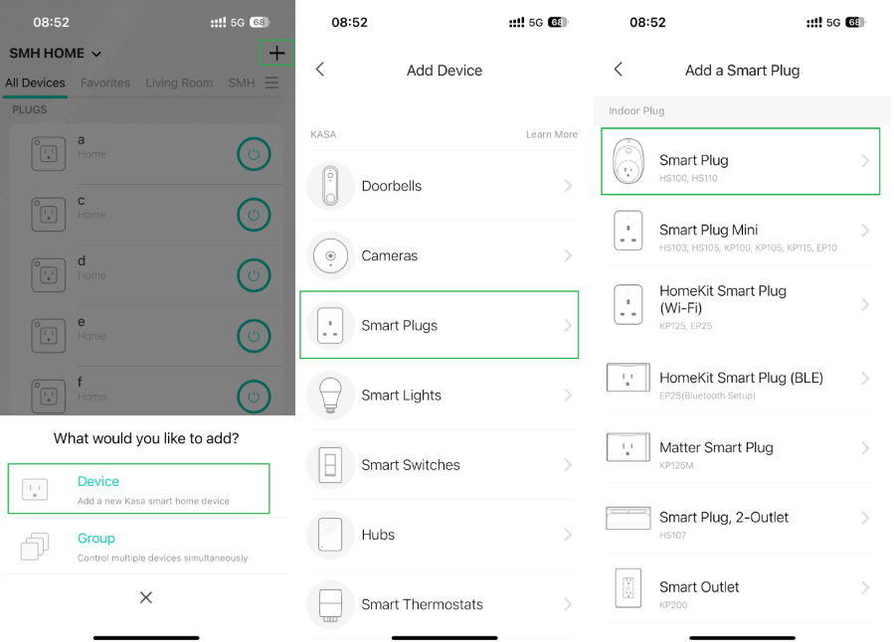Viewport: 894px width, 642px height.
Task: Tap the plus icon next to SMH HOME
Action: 276,54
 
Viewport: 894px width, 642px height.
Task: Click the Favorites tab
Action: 105,83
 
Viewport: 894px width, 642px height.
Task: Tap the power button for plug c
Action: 254,215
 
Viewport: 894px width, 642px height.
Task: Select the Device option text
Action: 98,481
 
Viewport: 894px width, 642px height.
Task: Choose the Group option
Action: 96,539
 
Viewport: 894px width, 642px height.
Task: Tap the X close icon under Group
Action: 146,597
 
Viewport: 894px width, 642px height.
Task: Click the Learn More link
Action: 552,134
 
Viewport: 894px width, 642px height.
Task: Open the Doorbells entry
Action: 392,186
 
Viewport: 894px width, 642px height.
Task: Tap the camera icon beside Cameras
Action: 330,256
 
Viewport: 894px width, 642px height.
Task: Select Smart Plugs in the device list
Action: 400,325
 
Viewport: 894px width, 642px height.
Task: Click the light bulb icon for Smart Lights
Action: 330,396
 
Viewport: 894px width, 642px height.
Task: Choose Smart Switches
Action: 411,465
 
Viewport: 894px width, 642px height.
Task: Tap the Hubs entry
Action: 379,535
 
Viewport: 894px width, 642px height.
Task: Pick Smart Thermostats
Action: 422,604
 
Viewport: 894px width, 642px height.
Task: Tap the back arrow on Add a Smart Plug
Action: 619,70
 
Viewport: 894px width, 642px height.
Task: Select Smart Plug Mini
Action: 708,231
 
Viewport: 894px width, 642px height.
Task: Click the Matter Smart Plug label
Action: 716,448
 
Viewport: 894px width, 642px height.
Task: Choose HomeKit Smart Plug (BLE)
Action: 741,378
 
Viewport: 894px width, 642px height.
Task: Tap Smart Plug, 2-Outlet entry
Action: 724,518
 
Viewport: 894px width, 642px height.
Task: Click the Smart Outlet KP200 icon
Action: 628,587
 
